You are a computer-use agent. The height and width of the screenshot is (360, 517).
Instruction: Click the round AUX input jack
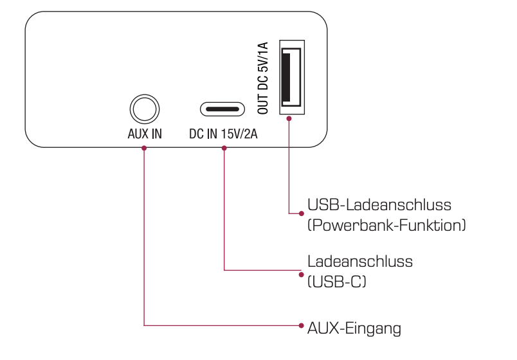click(x=145, y=109)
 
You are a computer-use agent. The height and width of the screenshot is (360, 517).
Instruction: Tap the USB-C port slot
click(x=222, y=109)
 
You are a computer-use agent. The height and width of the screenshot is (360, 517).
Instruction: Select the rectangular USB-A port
click(x=292, y=77)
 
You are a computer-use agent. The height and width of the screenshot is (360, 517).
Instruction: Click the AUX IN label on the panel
click(x=145, y=134)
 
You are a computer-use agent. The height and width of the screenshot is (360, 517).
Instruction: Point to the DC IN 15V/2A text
click(x=223, y=134)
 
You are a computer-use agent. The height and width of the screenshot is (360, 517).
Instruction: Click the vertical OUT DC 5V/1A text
click(x=263, y=78)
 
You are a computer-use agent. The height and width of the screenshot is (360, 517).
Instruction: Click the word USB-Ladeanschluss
click(x=379, y=204)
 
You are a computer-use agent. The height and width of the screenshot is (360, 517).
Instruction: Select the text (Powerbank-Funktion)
click(x=386, y=226)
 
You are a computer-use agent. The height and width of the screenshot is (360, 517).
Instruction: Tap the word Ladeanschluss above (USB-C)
click(x=360, y=262)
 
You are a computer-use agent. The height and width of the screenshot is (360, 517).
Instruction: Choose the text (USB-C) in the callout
click(x=337, y=282)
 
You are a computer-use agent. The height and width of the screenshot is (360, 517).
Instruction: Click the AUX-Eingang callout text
click(x=354, y=328)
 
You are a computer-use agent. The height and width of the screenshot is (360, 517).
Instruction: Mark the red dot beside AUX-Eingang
click(x=301, y=325)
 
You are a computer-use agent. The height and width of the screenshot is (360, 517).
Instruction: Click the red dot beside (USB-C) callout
click(x=301, y=274)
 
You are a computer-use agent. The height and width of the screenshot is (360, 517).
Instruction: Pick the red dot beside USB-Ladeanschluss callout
click(x=302, y=213)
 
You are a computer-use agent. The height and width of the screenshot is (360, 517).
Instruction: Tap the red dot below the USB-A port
click(x=289, y=118)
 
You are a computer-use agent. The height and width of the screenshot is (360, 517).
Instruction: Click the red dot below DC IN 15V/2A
click(x=224, y=148)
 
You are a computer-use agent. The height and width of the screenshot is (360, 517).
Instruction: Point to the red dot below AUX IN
click(x=144, y=148)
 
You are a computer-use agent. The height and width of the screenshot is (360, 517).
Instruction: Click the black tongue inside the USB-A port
click(x=286, y=77)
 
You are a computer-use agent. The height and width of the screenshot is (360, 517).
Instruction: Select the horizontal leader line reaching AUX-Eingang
click(x=222, y=325)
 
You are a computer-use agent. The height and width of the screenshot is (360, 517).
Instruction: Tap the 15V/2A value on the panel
click(x=239, y=134)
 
